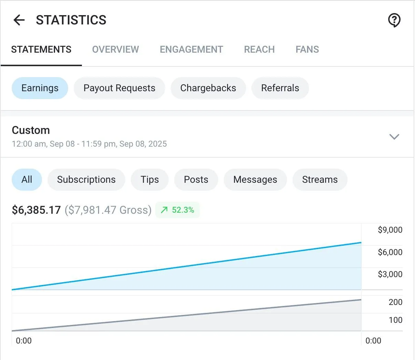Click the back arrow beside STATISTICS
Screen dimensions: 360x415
(x=19, y=20)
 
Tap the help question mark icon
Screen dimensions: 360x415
(x=394, y=20)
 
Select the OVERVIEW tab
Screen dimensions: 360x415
(x=115, y=50)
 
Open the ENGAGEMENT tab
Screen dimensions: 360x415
(x=191, y=50)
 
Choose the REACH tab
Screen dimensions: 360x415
(x=259, y=50)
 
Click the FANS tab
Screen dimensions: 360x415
(x=307, y=50)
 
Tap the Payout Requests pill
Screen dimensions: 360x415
(x=119, y=88)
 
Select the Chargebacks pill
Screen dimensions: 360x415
(x=208, y=88)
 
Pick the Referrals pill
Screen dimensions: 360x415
(x=280, y=88)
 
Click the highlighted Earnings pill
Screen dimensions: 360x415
(x=40, y=88)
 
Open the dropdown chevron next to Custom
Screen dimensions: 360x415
(x=394, y=137)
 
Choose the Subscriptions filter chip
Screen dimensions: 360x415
(x=86, y=180)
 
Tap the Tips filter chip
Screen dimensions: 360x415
(x=149, y=180)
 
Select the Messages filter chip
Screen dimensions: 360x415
(x=255, y=180)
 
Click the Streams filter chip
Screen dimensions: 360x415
(x=320, y=180)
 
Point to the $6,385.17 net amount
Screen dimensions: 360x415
(x=36, y=210)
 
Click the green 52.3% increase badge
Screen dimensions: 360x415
(x=178, y=210)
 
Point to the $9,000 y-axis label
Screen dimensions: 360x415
(x=390, y=230)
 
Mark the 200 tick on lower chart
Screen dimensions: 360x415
(x=395, y=302)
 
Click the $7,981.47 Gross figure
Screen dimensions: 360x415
(x=108, y=210)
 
